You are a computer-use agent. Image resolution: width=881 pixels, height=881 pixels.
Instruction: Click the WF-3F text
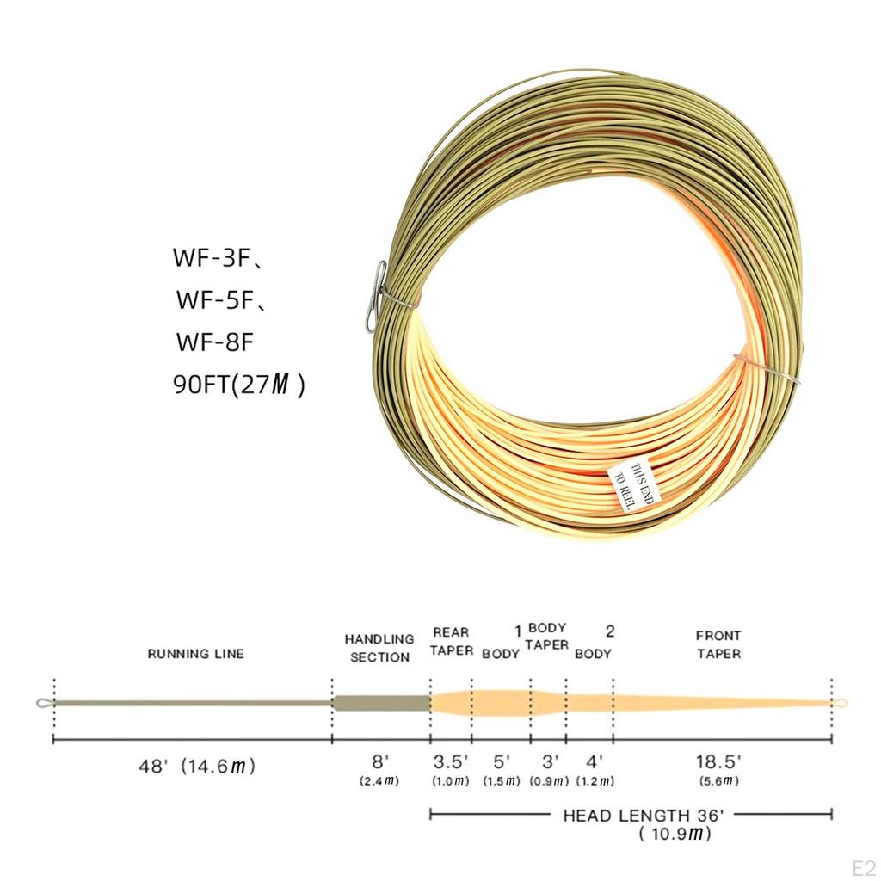click(215, 258)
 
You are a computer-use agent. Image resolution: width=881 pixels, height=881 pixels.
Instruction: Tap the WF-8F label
click(215, 342)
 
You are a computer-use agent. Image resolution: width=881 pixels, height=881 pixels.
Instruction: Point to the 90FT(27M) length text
click(238, 384)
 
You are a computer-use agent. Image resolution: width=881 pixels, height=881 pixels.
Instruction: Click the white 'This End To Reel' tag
click(632, 486)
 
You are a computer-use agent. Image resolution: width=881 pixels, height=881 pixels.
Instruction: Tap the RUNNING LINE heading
click(195, 654)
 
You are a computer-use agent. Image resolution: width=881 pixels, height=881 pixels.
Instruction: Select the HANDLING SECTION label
click(379, 648)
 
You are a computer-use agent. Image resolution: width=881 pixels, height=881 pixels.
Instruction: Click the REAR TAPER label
click(452, 642)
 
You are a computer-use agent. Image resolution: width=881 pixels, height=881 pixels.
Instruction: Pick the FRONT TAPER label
click(718, 644)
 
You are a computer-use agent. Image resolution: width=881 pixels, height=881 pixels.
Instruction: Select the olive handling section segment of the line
click(381, 703)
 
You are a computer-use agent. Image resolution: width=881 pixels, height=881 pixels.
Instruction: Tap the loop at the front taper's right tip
click(841, 703)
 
